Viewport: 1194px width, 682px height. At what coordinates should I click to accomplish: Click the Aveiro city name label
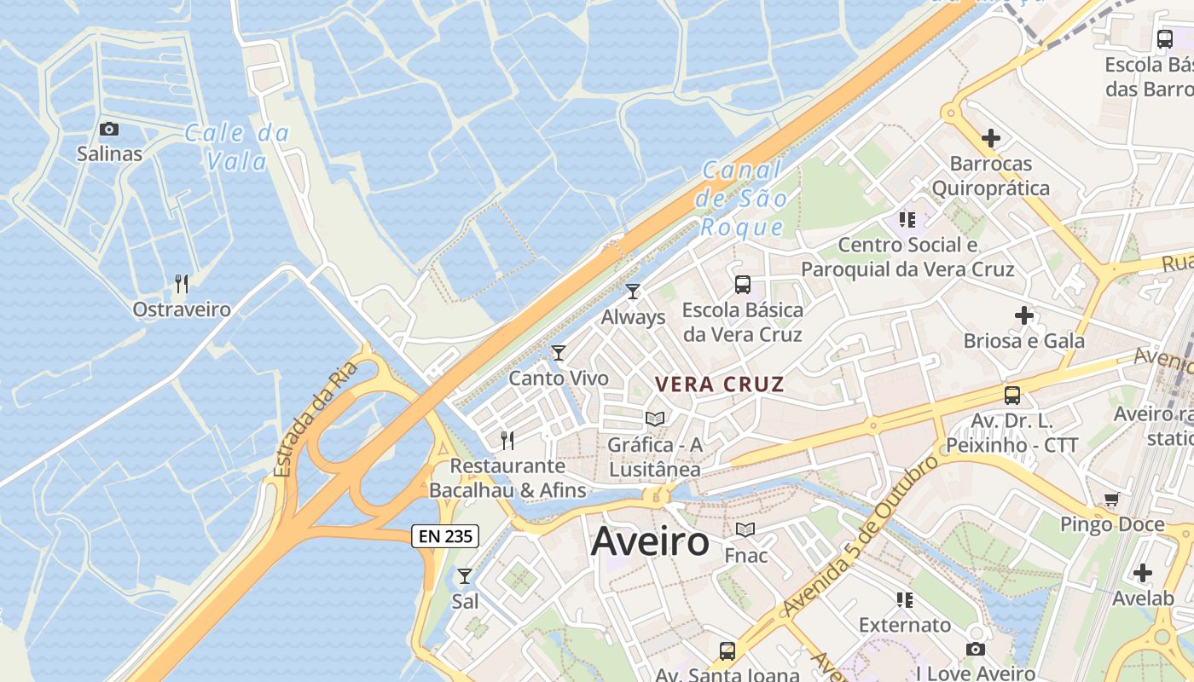click(650, 541)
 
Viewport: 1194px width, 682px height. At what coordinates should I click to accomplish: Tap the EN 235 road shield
click(445, 536)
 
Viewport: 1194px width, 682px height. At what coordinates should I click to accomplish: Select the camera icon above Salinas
click(109, 130)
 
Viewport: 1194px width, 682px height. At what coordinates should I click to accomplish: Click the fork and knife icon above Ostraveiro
click(181, 283)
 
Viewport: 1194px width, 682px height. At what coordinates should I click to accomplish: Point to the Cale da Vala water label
click(237, 147)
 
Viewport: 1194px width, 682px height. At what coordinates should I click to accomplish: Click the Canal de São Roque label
click(740, 199)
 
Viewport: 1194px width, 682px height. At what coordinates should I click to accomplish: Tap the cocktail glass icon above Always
click(633, 292)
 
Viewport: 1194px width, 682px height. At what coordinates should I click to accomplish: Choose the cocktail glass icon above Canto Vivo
click(559, 353)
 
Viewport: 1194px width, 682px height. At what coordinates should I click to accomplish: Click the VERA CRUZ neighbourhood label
click(719, 384)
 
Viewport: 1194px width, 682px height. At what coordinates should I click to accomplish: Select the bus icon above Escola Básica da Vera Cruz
click(743, 285)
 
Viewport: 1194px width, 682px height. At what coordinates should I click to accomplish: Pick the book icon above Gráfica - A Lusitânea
click(655, 419)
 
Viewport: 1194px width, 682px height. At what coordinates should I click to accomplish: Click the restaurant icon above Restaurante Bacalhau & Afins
click(507, 440)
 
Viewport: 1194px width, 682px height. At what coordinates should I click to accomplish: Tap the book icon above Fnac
click(745, 530)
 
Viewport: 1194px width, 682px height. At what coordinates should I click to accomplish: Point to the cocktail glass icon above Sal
click(464, 576)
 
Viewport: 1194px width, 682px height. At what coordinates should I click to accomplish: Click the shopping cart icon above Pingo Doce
click(1111, 500)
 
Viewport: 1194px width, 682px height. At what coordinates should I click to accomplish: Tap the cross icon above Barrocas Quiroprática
click(991, 137)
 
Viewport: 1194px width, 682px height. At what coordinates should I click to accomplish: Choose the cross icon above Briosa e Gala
click(1024, 316)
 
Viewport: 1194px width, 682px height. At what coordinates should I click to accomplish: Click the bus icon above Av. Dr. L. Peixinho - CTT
click(1012, 396)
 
